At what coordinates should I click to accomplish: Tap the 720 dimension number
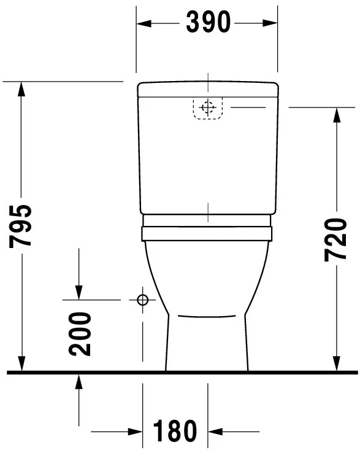click(x=335, y=239)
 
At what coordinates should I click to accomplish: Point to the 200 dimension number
click(x=80, y=333)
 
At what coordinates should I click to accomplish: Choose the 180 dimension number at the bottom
click(x=175, y=431)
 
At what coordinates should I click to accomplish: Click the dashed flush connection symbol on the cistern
click(x=208, y=108)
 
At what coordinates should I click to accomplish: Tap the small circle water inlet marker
click(x=143, y=300)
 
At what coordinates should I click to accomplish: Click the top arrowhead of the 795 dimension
click(x=22, y=89)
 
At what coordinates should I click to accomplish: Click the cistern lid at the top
click(x=207, y=89)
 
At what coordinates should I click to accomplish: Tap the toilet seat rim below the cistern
click(x=207, y=233)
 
